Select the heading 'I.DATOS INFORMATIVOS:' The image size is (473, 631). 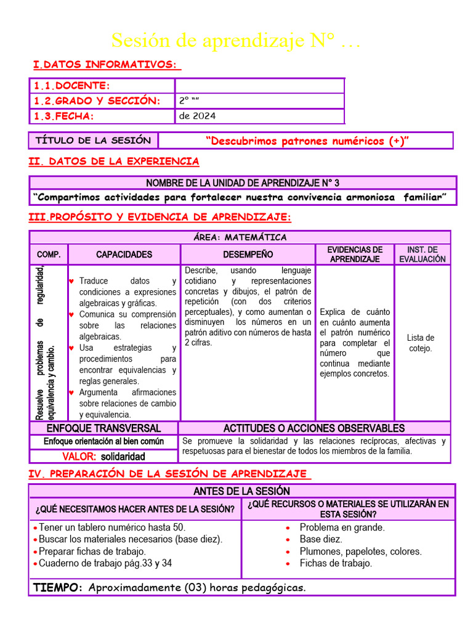click(107, 65)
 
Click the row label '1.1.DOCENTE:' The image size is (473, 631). click(72, 86)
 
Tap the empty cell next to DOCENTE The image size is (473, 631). click(259, 86)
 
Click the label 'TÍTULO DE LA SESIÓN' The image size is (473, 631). click(93, 140)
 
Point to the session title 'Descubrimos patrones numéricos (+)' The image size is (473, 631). click(307, 141)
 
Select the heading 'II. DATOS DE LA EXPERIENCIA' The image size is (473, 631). click(115, 161)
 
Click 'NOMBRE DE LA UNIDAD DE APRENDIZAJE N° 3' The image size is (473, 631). click(243, 183)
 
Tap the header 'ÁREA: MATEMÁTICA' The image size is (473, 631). click(240, 237)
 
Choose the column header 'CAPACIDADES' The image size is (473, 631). click(124, 254)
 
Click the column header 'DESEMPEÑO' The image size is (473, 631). click(248, 254)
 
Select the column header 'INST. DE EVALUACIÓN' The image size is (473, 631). click(422, 254)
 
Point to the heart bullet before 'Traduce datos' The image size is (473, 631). click(71, 281)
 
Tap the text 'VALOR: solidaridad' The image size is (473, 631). click(103, 457)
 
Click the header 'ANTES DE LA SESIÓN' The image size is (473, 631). click(241, 491)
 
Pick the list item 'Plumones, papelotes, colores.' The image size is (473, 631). click(360, 552)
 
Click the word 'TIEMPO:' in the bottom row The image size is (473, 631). click(59, 588)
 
